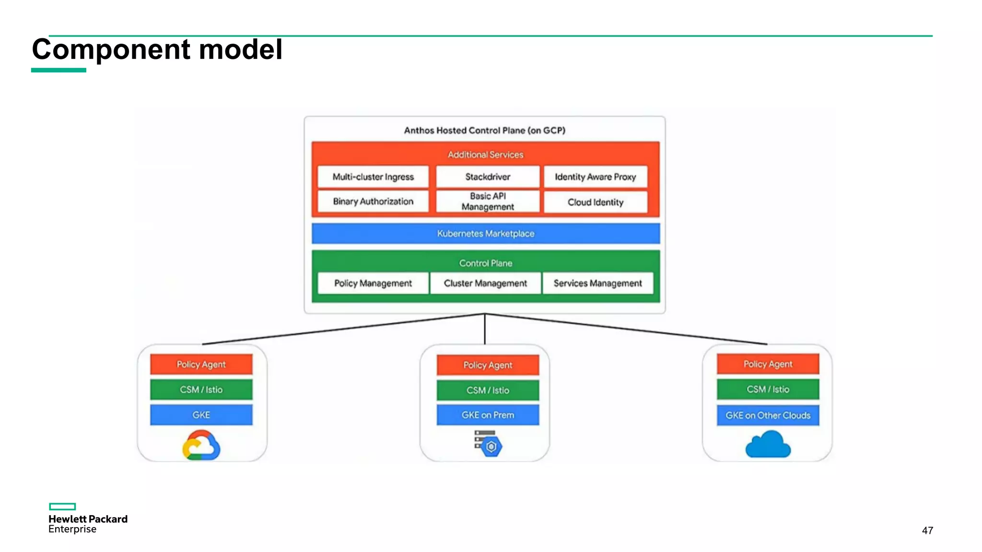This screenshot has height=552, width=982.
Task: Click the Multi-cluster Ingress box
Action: tap(373, 177)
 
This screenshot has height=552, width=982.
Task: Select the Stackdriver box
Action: tap(488, 177)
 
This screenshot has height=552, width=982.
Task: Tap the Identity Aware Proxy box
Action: tap(595, 177)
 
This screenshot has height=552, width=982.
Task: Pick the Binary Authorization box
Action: tap(373, 202)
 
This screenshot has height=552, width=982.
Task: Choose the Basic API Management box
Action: tap(488, 202)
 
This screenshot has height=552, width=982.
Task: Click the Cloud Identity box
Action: tap(595, 202)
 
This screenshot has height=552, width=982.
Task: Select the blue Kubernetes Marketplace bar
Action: tap(485, 234)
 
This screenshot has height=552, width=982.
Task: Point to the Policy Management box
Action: tap(373, 283)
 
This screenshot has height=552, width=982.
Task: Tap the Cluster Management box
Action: tap(485, 283)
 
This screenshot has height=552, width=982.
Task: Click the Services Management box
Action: tap(597, 283)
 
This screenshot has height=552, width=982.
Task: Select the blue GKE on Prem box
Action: tap(488, 415)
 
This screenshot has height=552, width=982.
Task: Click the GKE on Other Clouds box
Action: tap(768, 415)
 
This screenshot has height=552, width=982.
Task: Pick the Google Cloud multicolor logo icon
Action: tap(201, 446)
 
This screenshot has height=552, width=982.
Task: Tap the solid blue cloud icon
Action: tap(768, 445)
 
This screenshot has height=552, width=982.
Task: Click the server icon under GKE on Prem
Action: tap(488, 443)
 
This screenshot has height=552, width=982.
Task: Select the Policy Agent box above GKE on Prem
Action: tap(488, 365)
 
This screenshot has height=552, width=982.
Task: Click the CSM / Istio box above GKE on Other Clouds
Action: tap(768, 390)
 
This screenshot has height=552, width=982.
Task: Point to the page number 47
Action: tap(927, 530)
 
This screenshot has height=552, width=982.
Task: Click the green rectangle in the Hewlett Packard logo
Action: tap(62, 506)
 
